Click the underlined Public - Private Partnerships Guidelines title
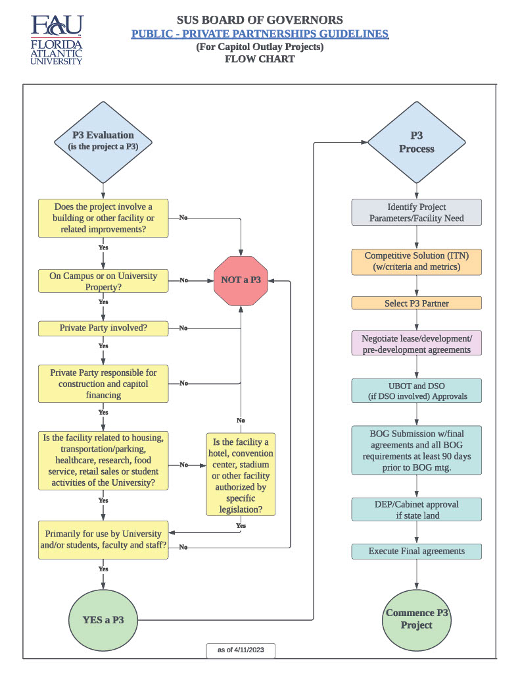pos(260,34)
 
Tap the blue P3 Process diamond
pos(416,142)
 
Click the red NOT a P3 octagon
pos(241,280)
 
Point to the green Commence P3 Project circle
pos(416,619)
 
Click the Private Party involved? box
pos(103,327)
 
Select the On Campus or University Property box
pos(103,281)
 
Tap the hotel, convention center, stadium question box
pos(241,474)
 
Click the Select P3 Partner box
pos(416,303)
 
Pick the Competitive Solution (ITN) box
pos(416,261)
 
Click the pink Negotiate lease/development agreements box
pos(416,344)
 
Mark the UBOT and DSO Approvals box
pos(416,390)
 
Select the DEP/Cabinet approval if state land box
pos(416,510)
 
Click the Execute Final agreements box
pos(416,551)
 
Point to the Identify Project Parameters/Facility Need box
pos(416,212)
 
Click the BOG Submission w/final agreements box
pos(416,450)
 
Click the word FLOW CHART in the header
pos(260,59)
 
